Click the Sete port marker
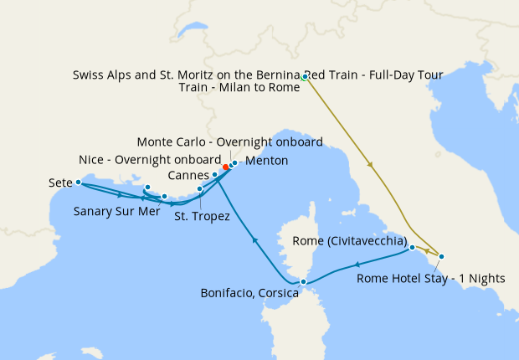(78, 182)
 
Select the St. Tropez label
(202, 216)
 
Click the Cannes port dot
(215, 174)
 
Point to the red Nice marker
(226, 167)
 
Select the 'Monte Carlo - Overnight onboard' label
(229, 141)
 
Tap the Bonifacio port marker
(303, 282)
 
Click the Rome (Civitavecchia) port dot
(413, 248)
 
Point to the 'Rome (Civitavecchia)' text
(350, 241)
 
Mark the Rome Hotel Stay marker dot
(441, 256)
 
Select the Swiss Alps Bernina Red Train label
(258, 75)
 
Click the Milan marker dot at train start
(306, 77)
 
